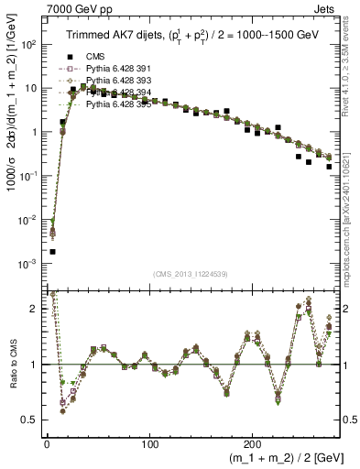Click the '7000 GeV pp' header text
(x=74, y=8)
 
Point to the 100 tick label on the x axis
(x=149, y=443)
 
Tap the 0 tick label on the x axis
(x=46, y=443)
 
